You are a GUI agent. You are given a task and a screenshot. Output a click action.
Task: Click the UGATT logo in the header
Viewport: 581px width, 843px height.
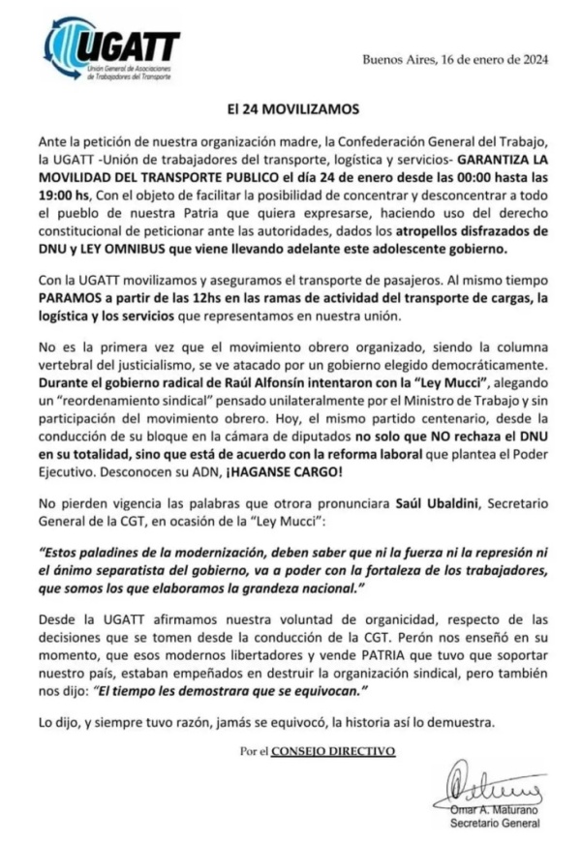pos(111,52)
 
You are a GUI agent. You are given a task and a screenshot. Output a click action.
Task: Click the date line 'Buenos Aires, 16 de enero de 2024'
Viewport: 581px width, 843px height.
pos(455,59)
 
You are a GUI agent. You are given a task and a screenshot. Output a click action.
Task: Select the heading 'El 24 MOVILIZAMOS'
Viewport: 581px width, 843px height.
pos(290,109)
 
